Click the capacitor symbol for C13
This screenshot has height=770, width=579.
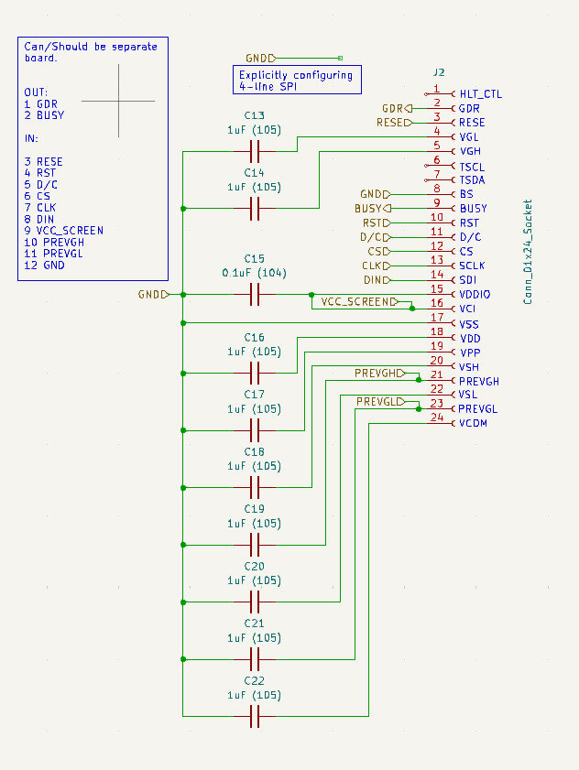[255, 151]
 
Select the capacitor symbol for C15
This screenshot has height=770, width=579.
[255, 294]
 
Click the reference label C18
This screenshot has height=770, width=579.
[255, 452]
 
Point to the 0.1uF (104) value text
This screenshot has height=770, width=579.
[255, 273]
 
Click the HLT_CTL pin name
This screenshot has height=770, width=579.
[480, 93]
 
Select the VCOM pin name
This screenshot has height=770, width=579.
[474, 423]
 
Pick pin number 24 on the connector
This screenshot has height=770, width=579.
[437, 418]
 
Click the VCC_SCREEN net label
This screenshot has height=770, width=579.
[358, 301]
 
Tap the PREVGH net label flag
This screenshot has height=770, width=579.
[378, 374]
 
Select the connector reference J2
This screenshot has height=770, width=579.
[439, 72]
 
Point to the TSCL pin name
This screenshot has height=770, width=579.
[472, 167]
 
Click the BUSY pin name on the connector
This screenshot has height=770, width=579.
[474, 209]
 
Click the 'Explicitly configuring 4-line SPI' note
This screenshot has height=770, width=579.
[296, 80]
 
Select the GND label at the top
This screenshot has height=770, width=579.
[260, 57]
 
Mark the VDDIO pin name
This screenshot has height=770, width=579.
[475, 294]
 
